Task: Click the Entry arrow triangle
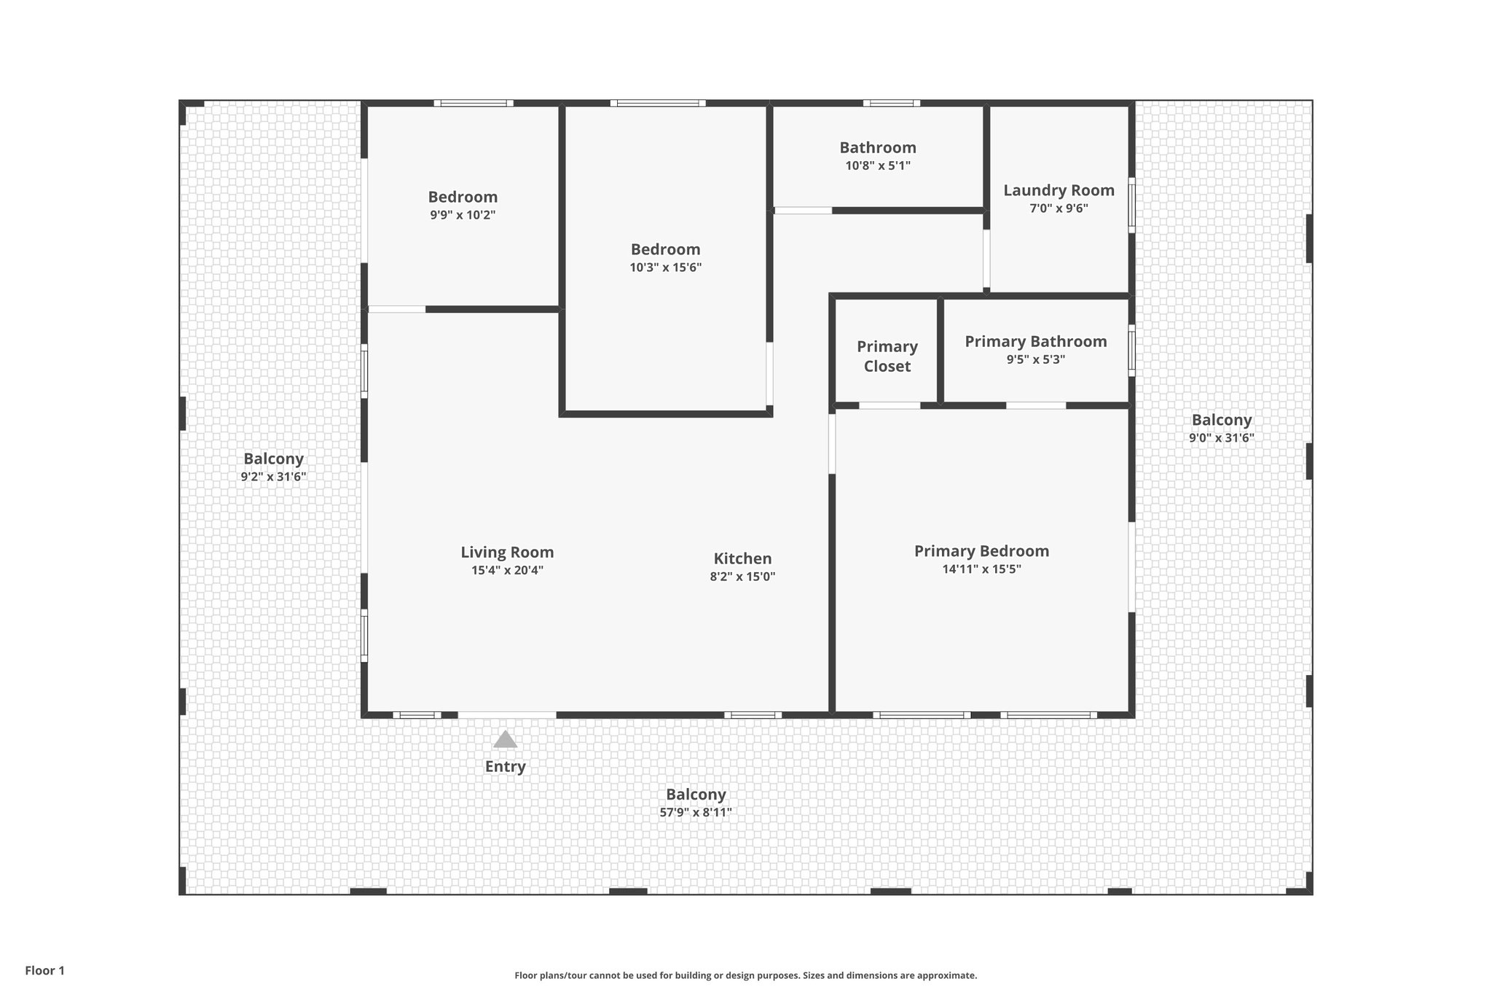(x=505, y=740)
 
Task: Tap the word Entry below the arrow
(x=505, y=767)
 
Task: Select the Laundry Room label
(x=1059, y=190)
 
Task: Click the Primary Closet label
(x=887, y=356)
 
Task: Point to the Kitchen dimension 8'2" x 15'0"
(x=742, y=577)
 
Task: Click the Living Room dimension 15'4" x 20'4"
(x=507, y=571)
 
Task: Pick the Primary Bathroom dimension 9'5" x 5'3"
(x=1035, y=359)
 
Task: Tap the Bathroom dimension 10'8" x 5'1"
(x=877, y=165)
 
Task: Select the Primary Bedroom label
(x=981, y=551)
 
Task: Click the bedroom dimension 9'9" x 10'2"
(x=463, y=215)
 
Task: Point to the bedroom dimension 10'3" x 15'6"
(x=665, y=268)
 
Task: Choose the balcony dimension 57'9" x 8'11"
(x=696, y=813)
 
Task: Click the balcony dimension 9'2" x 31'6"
(x=273, y=477)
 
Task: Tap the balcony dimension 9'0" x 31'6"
(x=1221, y=438)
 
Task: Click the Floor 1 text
(x=45, y=970)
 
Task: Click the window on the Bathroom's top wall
(x=891, y=104)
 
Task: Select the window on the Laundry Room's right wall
(x=1131, y=206)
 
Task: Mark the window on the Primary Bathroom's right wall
(x=1131, y=351)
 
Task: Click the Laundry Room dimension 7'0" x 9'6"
(x=1059, y=208)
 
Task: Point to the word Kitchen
(x=742, y=558)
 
